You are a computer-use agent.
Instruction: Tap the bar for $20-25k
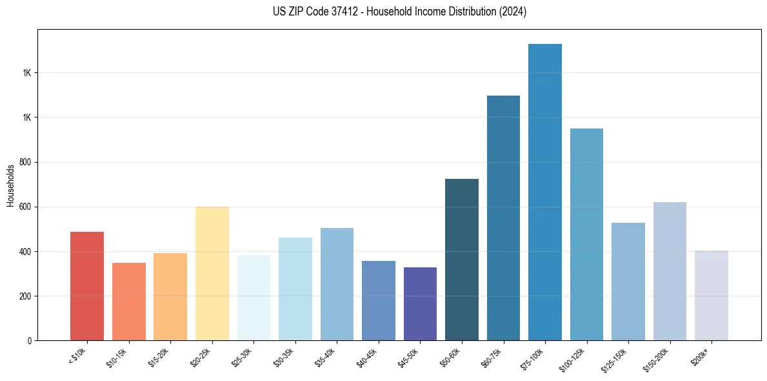click(212, 274)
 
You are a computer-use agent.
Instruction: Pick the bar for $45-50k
click(420, 304)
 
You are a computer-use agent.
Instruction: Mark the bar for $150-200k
click(670, 271)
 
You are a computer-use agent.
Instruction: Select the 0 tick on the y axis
click(30, 341)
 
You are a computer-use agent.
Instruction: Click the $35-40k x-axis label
click(328, 356)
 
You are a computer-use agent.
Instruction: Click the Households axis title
click(10, 185)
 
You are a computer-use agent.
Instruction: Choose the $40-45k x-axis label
click(369, 356)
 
